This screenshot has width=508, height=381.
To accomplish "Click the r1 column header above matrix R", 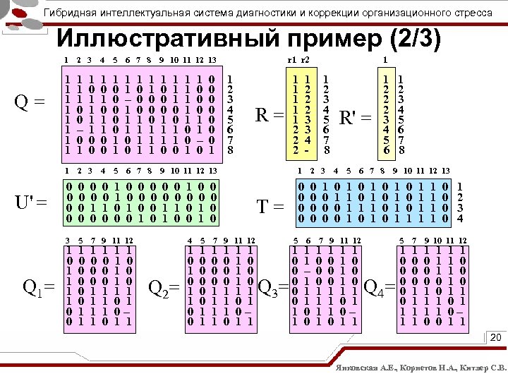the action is (294, 59).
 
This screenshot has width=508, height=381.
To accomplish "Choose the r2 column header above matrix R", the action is (306, 59).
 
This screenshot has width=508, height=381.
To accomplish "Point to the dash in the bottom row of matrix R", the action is (307, 150).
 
